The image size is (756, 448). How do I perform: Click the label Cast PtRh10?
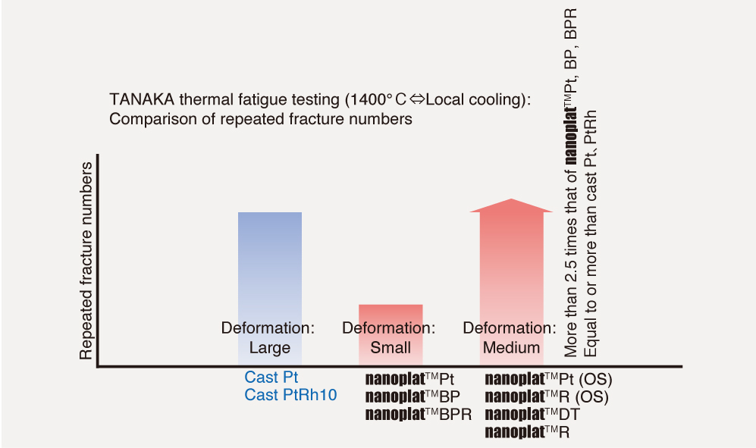(x=290, y=395)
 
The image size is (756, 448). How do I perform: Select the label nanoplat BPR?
(x=419, y=414)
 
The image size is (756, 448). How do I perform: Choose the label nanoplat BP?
(x=414, y=396)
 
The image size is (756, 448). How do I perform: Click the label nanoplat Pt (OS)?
(x=548, y=378)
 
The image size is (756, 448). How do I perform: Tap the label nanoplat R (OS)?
(x=546, y=396)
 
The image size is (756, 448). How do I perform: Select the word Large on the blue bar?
(x=269, y=348)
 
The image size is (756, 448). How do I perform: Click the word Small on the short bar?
(x=390, y=348)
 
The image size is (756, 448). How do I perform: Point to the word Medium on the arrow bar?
(x=512, y=348)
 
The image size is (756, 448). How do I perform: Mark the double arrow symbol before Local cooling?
(x=419, y=100)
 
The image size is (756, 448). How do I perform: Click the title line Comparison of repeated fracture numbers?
(x=260, y=119)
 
